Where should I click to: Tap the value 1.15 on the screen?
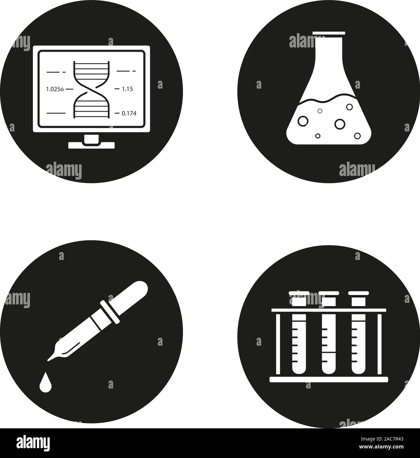coord(127,89)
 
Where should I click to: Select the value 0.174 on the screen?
coord(129,113)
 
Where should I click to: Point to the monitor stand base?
coord(92,145)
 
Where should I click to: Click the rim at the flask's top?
coord(329,33)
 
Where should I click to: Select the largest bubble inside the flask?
coord(339,124)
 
